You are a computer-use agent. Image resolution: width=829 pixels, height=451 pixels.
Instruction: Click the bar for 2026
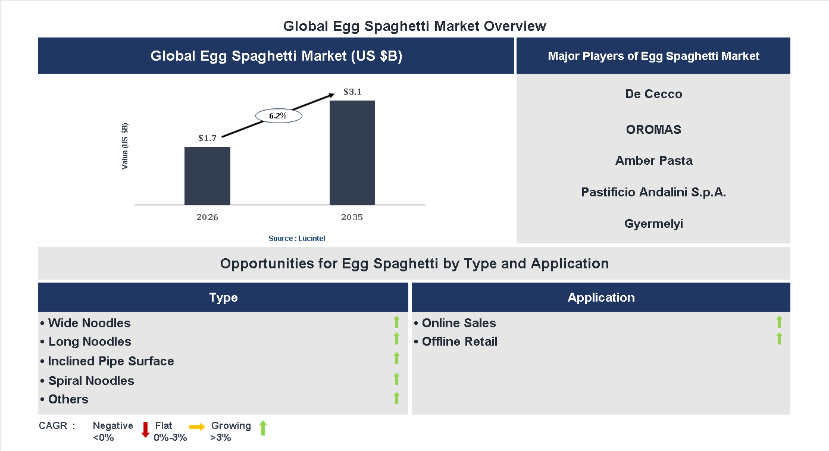(207, 176)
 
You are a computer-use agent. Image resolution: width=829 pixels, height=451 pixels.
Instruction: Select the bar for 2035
(352, 153)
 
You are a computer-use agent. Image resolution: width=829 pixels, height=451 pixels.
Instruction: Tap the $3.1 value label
(352, 92)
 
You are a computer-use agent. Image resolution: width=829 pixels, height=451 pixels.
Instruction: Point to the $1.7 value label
(207, 138)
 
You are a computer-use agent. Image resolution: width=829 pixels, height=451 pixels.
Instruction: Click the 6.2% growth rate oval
(279, 116)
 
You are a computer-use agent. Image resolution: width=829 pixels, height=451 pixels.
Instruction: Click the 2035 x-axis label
(352, 217)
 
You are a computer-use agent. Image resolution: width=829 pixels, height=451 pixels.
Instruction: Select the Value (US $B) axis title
(125, 146)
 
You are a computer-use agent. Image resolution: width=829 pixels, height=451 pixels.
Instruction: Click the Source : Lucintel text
(296, 239)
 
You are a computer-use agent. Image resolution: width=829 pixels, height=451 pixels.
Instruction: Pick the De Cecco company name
(653, 94)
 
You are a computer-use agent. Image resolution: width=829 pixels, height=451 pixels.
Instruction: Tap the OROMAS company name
(653, 130)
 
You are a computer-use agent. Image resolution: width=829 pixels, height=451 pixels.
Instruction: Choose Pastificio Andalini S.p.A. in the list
(653, 192)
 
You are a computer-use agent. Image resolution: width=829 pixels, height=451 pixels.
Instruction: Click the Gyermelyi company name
(653, 224)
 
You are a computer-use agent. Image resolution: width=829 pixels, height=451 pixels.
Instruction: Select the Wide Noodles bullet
(86, 323)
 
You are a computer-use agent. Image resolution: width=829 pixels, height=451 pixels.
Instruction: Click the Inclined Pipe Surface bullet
(107, 361)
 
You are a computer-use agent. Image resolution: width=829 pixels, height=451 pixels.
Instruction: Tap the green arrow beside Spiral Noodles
(396, 379)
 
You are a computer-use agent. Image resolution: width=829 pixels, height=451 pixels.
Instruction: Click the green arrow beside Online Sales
(779, 322)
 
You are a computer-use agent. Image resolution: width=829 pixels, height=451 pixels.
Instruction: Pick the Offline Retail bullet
(456, 342)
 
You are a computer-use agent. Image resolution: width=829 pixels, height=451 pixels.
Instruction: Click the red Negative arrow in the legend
(145, 430)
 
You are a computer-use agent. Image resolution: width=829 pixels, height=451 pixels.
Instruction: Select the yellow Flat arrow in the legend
(197, 427)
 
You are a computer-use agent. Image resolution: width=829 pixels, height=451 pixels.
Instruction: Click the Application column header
(600, 297)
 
